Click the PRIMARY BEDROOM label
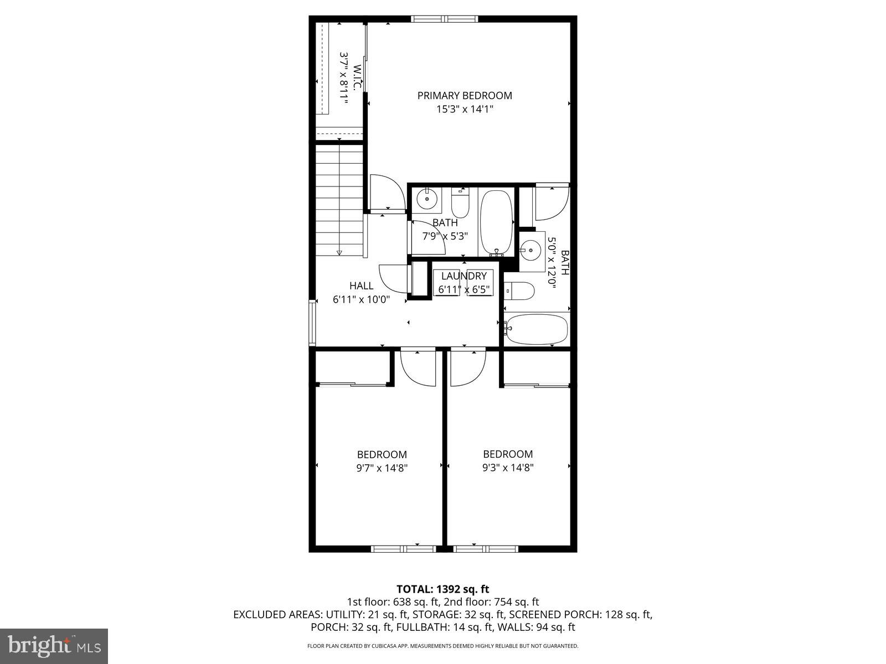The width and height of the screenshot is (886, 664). click(x=465, y=96)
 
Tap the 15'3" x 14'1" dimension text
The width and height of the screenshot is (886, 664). click(x=465, y=110)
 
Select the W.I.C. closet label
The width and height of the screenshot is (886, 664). click(x=357, y=77)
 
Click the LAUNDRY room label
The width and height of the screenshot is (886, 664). click(x=463, y=276)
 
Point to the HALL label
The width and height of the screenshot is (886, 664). click(x=361, y=286)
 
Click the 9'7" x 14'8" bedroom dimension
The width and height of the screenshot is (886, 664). click(x=382, y=468)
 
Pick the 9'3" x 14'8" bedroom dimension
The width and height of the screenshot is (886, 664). click(x=508, y=468)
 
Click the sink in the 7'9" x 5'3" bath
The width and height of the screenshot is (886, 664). click(x=427, y=199)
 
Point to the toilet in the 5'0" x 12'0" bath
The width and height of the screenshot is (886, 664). click(x=519, y=290)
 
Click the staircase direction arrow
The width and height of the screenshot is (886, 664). click(x=339, y=252)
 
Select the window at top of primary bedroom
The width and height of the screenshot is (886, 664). click(x=445, y=19)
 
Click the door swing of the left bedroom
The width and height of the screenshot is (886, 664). click(x=416, y=366)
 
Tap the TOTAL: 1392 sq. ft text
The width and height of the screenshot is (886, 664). click(x=442, y=589)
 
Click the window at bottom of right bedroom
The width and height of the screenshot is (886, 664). click(x=485, y=549)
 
